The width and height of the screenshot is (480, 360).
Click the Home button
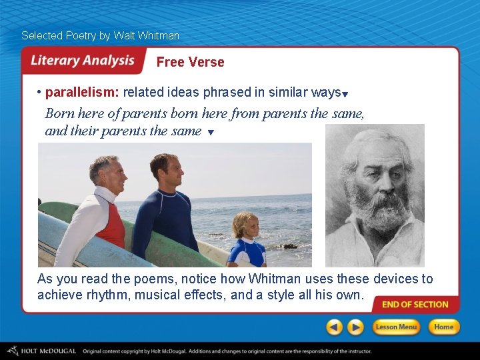click(x=443, y=327)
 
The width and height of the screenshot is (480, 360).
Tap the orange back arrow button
click(x=335, y=327)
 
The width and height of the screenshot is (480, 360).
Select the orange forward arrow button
click(x=356, y=327)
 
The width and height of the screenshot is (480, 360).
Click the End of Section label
click(x=415, y=305)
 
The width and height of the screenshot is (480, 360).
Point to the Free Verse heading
click(x=190, y=62)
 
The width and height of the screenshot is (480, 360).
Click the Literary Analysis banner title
click(x=83, y=61)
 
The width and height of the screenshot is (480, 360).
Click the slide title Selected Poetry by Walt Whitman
click(x=100, y=35)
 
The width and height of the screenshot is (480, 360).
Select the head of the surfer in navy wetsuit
click(x=165, y=171)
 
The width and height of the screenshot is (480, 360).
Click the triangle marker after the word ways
click(x=345, y=94)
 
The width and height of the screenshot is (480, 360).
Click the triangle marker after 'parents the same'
click(x=211, y=133)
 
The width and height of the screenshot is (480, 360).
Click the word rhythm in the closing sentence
click(x=109, y=294)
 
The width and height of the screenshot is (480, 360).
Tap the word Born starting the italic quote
click(x=59, y=113)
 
